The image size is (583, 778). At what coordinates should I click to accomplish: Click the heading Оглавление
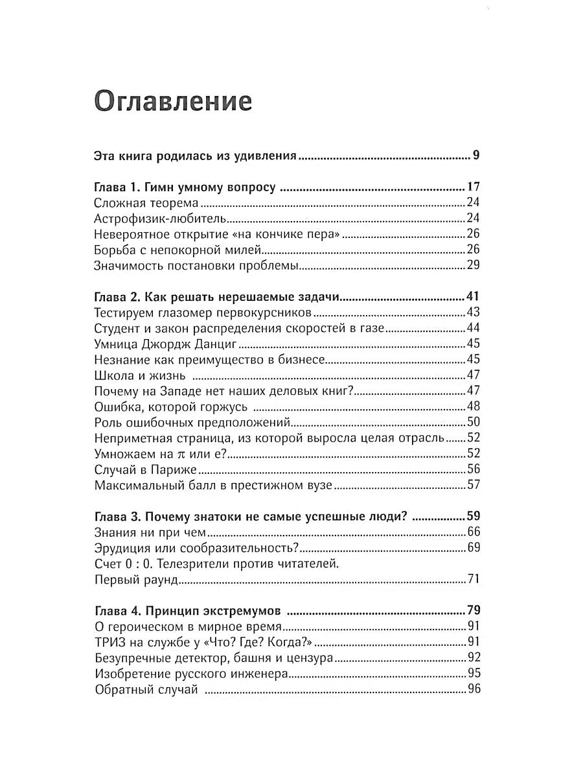tap(173, 102)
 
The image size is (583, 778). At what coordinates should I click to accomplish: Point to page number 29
tap(473, 265)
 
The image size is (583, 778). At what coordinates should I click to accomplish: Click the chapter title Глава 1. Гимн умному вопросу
tap(185, 188)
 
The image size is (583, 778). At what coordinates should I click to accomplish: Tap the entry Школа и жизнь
tap(140, 375)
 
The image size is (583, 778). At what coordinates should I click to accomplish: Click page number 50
tap(473, 422)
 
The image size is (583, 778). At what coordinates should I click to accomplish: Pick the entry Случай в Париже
tap(145, 469)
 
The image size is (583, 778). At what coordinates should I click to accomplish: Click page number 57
tap(473, 484)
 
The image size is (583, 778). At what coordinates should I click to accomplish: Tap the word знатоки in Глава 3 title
tap(221, 517)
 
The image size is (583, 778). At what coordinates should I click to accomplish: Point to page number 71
tap(473, 579)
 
